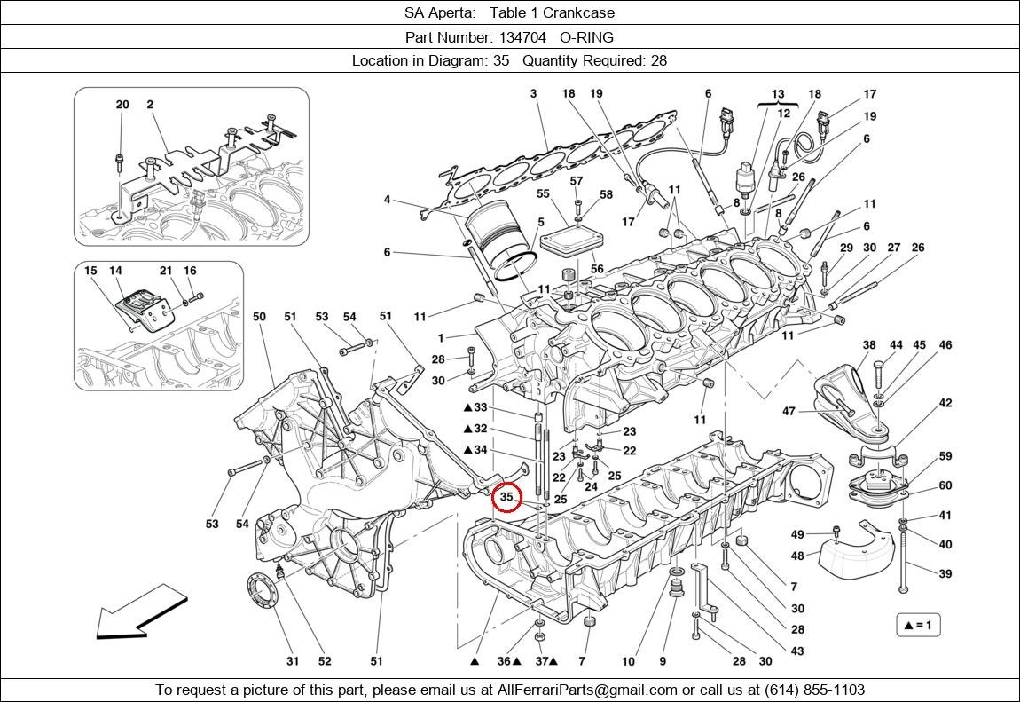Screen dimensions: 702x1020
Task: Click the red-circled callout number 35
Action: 507,498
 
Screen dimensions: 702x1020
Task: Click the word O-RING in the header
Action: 587,37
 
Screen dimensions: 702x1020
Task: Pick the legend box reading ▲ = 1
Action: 917,625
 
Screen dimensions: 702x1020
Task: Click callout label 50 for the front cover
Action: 259,317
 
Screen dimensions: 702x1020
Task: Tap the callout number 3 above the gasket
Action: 534,94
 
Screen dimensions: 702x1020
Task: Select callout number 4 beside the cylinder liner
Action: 387,200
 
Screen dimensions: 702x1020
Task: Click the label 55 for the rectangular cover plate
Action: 544,193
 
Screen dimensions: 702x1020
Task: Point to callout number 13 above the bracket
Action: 778,94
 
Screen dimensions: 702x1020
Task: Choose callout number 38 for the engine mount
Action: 869,345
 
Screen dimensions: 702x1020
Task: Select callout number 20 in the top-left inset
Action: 122,105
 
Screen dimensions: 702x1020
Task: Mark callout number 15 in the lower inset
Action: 90,271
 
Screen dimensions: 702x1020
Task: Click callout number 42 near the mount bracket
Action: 945,403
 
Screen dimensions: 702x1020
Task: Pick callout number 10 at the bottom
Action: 628,661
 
